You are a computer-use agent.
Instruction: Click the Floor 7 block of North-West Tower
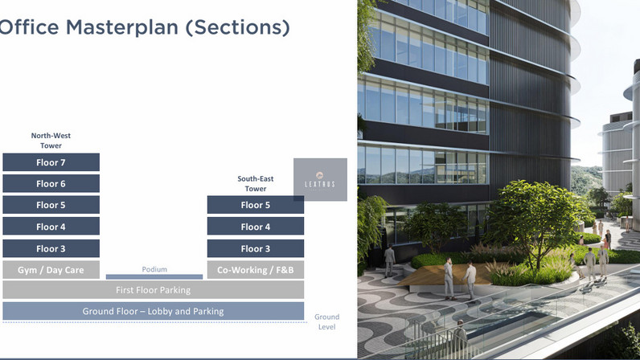click(51, 162)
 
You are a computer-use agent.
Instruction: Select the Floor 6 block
click(51, 184)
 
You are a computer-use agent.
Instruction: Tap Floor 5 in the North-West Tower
click(51, 205)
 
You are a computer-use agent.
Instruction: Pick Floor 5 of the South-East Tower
click(256, 205)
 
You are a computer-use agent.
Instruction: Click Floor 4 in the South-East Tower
click(256, 226)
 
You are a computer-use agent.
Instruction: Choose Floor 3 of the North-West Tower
click(51, 248)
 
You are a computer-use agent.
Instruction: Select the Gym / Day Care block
click(51, 270)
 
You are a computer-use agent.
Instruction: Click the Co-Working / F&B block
click(256, 270)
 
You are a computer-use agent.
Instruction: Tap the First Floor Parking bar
click(153, 290)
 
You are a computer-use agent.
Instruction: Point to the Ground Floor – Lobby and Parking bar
click(153, 311)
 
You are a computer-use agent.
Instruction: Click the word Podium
click(154, 269)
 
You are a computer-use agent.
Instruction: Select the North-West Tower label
click(51, 141)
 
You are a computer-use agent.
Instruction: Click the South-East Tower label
click(256, 184)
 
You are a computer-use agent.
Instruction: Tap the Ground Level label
click(327, 321)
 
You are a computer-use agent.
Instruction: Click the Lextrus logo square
click(321, 179)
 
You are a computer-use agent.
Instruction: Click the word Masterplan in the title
click(122, 28)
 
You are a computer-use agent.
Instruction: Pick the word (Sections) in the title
click(237, 28)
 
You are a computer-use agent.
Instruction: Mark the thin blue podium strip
click(154, 276)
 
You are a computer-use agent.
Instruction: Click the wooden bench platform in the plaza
click(445, 274)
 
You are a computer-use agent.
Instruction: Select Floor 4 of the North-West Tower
click(51, 226)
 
